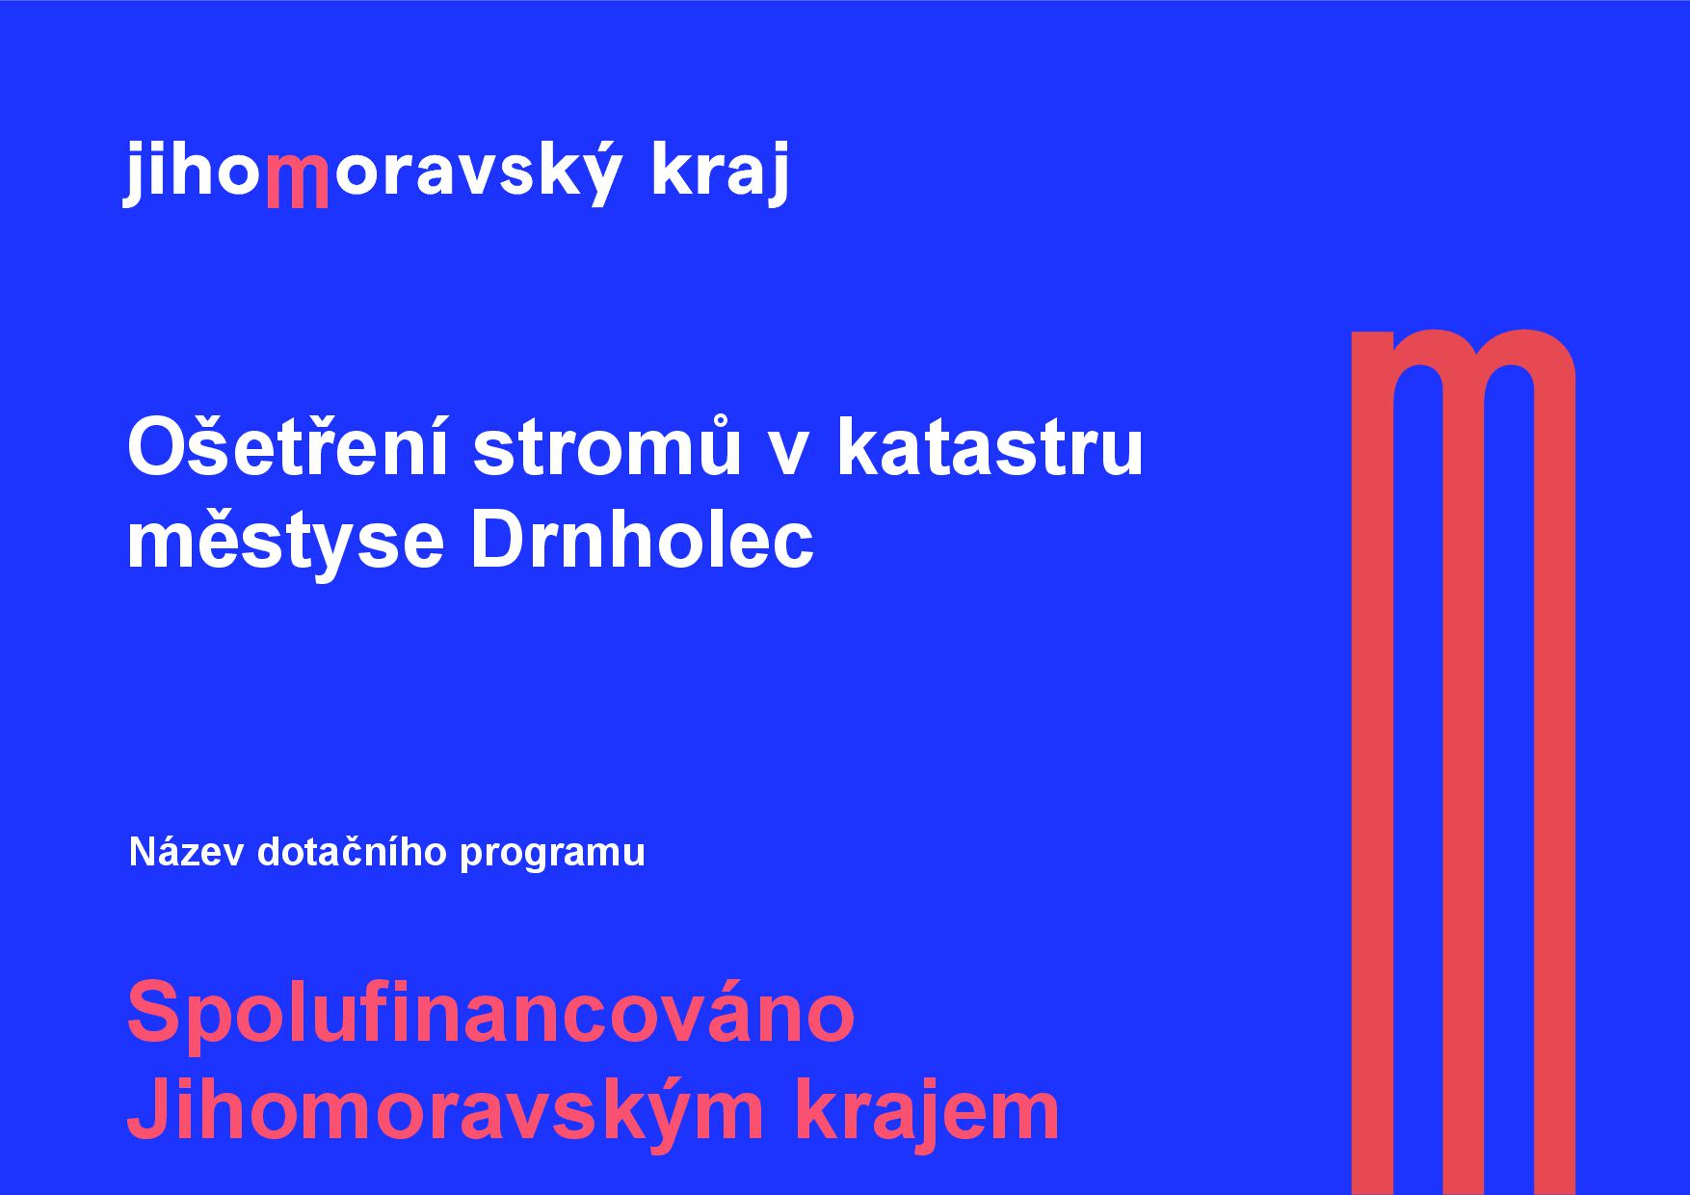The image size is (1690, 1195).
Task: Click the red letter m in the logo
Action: [296, 181]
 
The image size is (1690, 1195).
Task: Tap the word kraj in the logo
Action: [720, 172]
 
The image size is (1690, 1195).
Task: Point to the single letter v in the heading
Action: [788, 453]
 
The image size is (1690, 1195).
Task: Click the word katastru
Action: [990, 447]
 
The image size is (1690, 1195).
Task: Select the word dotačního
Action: [352, 852]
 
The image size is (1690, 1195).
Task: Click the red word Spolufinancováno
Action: [490, 1012]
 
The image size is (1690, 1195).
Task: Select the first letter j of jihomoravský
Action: [134, 173]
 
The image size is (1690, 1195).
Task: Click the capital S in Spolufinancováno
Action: [155, 1012]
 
